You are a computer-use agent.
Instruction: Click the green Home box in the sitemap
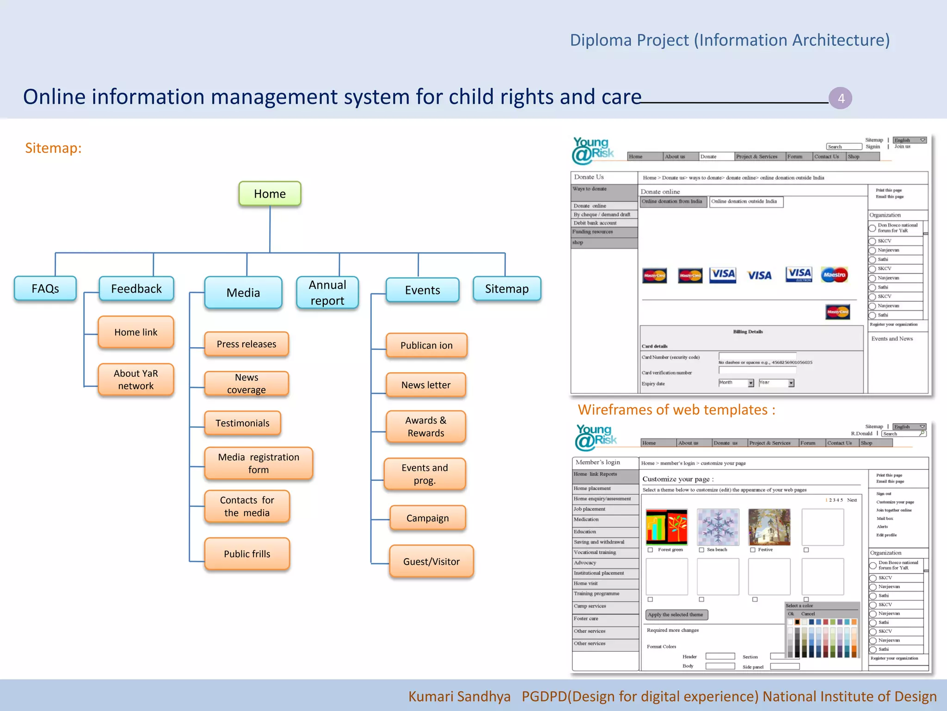(x=270, y=194)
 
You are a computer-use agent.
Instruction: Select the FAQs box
(x=45, y=289)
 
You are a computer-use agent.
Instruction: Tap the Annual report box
(x=327, y=293)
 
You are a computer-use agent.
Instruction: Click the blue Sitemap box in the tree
(x=507, y=289)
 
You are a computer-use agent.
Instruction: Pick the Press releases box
(x=246, y=344)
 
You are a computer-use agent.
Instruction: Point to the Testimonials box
(x=242, y=423)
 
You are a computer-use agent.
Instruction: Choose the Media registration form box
(x=258, y=463)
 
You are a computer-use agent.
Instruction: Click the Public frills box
(x=247, y=554)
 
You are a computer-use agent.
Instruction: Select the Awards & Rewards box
(x=425, y=427)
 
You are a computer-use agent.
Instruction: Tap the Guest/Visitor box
(x=431, y=561)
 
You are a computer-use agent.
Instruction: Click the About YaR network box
(x=136, y=380)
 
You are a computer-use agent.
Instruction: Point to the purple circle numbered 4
(x=840, y=98)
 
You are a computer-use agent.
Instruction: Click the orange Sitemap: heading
(x=53, y=148)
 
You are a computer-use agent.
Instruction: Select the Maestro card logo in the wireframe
(x=834, y=275)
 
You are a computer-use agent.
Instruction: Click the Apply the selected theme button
(x=676, y=615)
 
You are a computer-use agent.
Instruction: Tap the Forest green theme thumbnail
(x=666, y=527)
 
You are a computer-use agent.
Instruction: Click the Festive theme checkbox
(x=753, y=550)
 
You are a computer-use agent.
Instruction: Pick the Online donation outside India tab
(x=746, y=202)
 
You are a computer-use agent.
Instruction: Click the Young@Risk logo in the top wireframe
(x=593, y=150)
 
